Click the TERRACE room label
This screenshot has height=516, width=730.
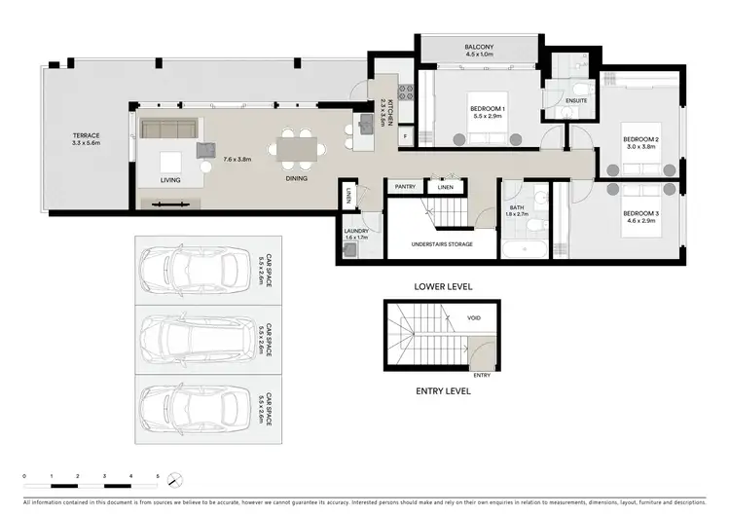87,135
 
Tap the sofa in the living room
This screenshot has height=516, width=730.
170,129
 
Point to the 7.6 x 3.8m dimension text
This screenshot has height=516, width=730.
238,158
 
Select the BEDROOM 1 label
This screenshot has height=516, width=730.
487,107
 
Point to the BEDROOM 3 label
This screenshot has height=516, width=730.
641,213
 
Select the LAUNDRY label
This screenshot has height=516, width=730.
357,231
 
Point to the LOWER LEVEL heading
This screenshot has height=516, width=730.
444,287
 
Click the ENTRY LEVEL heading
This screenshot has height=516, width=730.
444,390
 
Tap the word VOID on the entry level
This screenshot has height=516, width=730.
474,317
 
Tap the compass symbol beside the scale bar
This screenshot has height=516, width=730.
174,480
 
